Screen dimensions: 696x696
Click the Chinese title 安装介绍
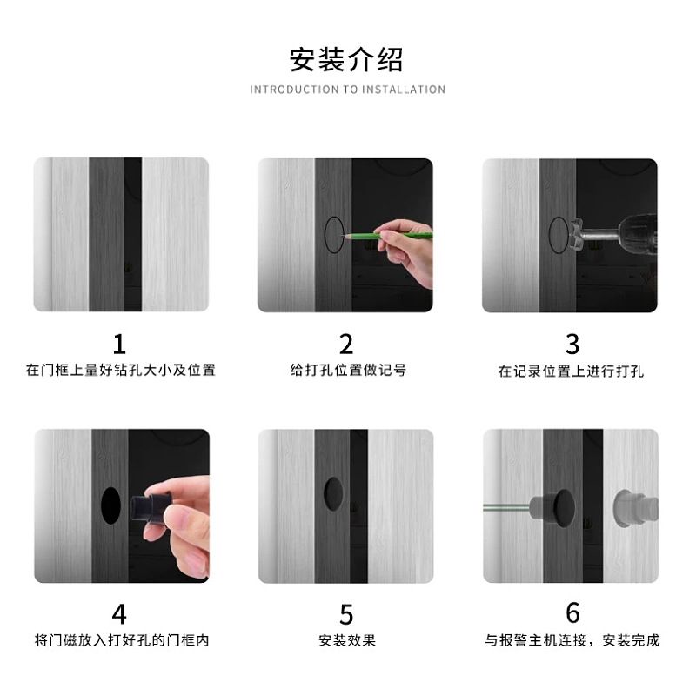346,59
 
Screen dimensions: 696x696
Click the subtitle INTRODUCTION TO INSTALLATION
347,90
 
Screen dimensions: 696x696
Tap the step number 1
119,345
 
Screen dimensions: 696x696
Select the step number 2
346,345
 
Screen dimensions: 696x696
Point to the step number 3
572,345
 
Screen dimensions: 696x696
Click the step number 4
119,615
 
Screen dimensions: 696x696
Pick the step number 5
346,615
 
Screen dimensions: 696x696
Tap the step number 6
572,612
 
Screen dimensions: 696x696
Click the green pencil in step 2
387,236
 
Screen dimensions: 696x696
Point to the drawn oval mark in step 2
325,234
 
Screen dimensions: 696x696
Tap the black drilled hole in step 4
110,505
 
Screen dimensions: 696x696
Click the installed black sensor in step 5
333,493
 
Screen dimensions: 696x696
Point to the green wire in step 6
506,507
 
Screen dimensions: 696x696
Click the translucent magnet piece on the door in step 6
636,508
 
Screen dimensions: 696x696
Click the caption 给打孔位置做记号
347,370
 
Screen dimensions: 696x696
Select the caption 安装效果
347,640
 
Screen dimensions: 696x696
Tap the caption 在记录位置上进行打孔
571,371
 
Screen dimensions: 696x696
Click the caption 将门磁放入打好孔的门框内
122,640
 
